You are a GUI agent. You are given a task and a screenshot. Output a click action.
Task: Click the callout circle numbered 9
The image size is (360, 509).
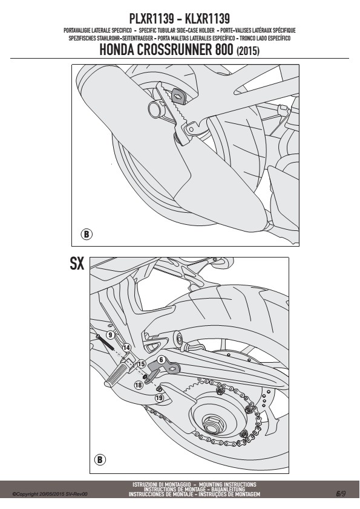[111, 335]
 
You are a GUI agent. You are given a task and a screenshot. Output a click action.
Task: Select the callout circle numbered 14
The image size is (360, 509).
[126, 348]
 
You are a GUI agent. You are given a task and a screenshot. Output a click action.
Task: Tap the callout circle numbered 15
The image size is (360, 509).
[141, 364]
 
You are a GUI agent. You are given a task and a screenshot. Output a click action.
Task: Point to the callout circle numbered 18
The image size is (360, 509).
[139, 385]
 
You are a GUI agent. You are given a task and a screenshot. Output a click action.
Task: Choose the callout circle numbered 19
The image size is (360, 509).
[159, 398]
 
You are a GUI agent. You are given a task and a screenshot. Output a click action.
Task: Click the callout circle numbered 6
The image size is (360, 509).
[161, 360]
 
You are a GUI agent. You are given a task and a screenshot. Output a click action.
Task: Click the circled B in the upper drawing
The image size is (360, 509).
[86, 234]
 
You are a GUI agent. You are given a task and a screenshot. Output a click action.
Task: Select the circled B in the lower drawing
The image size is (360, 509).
[100, 459]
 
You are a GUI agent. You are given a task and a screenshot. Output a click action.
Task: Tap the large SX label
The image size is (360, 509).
[77, 263]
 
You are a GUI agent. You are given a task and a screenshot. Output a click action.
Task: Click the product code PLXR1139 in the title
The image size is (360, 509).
[151, 19]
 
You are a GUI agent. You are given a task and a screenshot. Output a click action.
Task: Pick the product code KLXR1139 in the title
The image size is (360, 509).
[208, 19]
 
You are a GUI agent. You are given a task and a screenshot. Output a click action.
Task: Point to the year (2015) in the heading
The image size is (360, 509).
[248, 51]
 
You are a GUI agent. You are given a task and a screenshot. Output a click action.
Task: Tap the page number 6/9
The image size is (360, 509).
[341, 494]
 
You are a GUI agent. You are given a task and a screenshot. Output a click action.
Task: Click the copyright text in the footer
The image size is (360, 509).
[50, 494]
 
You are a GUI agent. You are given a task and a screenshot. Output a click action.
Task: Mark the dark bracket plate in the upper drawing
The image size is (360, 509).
[179, 96]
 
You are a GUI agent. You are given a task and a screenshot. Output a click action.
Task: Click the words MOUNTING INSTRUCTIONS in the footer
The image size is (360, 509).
[227, 484]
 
